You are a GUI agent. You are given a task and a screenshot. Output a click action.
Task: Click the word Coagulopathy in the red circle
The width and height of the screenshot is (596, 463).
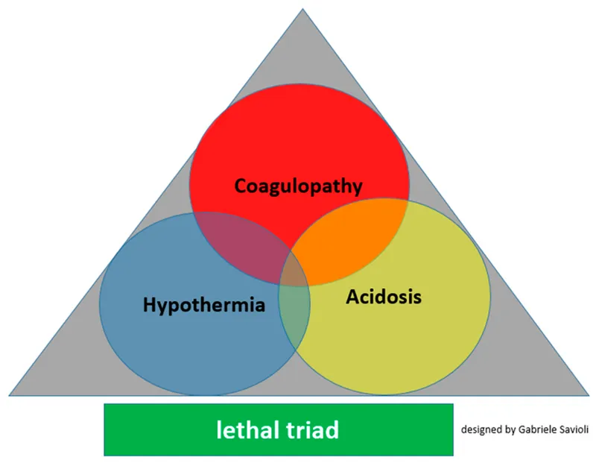point(299,186)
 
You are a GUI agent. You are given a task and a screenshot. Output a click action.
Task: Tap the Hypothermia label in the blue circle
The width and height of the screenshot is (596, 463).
point(203,305)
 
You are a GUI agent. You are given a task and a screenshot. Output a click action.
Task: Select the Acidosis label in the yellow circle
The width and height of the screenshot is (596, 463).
point(384,297)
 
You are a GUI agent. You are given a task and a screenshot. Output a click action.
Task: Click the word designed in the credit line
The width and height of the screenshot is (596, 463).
point(481,429)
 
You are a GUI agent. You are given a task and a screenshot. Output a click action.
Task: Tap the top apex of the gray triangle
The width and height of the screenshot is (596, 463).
point(302,10)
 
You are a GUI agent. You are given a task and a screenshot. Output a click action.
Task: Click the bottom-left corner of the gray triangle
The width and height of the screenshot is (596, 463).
point(11,394)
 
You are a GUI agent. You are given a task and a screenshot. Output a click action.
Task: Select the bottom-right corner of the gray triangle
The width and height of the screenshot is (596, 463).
point(588,394)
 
